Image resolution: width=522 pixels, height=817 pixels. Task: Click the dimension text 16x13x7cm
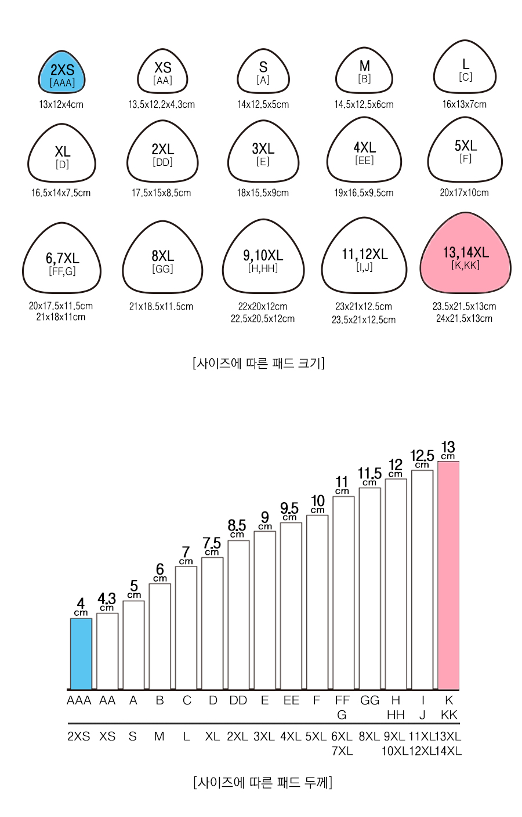(465, 104)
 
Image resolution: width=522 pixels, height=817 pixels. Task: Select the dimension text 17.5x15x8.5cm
(161, 193)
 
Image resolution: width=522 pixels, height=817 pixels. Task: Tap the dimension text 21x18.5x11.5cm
(161, 306)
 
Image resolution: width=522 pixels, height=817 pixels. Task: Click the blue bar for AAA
(81, 653)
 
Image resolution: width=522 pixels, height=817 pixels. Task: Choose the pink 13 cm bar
(448, 575)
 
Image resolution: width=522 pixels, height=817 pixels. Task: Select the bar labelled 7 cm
(186, 628)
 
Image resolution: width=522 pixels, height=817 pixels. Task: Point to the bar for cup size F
(317, 602)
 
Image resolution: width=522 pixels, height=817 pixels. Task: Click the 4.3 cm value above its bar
(107, 602)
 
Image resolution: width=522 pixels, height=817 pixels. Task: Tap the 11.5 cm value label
(369, 476)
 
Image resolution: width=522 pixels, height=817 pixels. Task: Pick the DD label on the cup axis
(238, 700)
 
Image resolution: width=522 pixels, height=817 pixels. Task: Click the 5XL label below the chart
(316, 736)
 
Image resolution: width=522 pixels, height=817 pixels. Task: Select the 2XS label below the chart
(78, 736)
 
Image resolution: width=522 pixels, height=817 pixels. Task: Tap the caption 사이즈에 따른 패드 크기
(259, 363)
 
